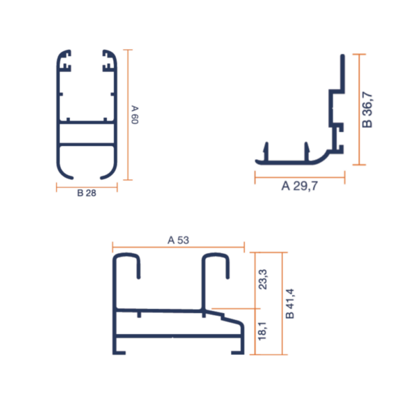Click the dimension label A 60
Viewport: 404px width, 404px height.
tap(135, 114)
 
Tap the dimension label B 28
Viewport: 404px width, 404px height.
tap(86, 193)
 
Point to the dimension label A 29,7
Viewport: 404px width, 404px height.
tap(299, 187)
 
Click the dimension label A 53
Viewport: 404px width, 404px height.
tap(178, 240)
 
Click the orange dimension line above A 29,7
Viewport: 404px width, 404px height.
tap(300, 178)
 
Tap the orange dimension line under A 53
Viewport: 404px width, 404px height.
tap(178, 246)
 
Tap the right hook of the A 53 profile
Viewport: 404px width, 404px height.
tap(215, 266)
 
